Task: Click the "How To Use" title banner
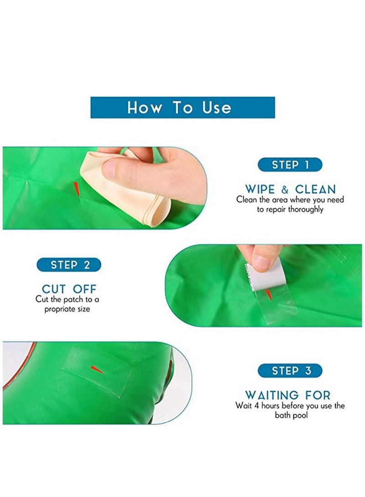pyautogui.click(x=182, y=108)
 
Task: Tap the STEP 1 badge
pyautogui.click(x=290, y=164)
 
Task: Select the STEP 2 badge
pyautogui.click(x=69, y=265)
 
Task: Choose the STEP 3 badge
pyautogui.click(x=290, y=370)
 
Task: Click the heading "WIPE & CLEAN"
pyautogui.click(x=290, y=189)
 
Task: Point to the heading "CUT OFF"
pyautogui.click(x=69, y=289)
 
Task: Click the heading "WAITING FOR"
pyautogui.click(x=288, y=395)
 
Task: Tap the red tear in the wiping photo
pyautogui.click(x=76, y=187)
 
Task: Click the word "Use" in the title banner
pyautogui.click(x=217, y=108)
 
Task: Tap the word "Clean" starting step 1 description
pyautogui.click(x=247, y=200)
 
